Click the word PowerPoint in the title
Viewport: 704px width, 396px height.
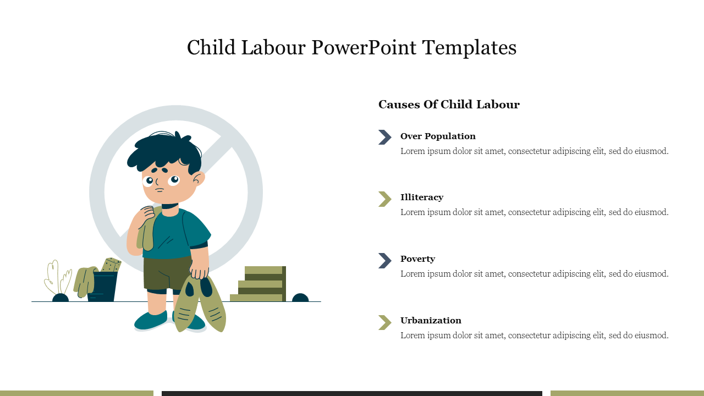pyautogui.click(x=364, y=48)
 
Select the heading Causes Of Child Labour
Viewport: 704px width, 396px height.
pyautogui.click(x=449, y=105)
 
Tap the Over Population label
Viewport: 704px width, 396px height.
pyautogui.click(x=438, y=136)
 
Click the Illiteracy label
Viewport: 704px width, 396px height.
pyautogui.click(x=422, y=197)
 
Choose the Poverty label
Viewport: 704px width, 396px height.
pyautogui.click(x=417, y=258)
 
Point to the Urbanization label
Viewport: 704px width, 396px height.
pyautogui.click(x=431, y=320)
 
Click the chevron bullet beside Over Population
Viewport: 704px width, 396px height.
pyautogui.click(x=385, y=137)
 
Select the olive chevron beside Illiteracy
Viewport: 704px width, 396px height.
pyautogui.click(x=385, y=199)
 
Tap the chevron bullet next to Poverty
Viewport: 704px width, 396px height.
pyautogui.click(x=385, y=261)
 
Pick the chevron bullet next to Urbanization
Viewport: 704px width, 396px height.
pyautogui.click(x=385, y=322)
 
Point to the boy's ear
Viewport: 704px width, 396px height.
pyautogui.click(x=198, y=179)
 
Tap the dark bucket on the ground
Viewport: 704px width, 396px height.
pyautogui.click(x=103, y=287)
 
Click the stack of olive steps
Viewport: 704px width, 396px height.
pyautogui.click(x=258, y=284)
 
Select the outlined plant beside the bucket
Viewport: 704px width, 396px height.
pyautogui.click(x=57, y=278)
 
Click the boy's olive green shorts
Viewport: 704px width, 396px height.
pyautogui.click(x=167, y=273)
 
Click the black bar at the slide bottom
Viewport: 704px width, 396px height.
pyautogui.click(x=351, y=393)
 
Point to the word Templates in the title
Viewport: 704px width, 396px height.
pyautogui.click(x=469, y=48)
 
